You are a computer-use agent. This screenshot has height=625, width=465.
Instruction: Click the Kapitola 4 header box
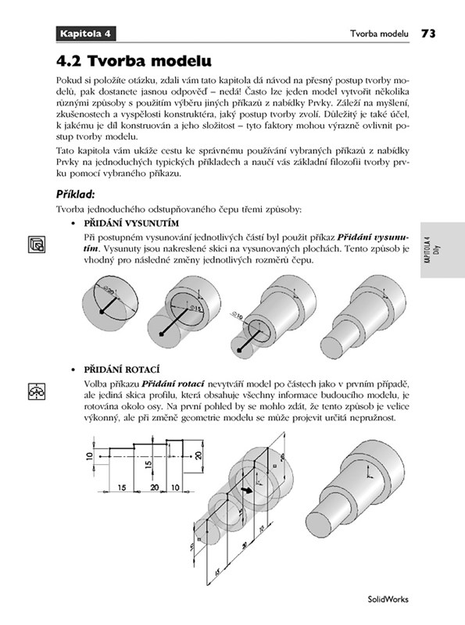coord(86,34)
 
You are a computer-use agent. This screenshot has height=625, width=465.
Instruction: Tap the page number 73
coord(428,34)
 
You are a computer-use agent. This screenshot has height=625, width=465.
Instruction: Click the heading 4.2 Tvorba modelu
coord(134,61)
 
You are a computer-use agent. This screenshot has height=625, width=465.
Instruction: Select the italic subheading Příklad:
coord(75,195)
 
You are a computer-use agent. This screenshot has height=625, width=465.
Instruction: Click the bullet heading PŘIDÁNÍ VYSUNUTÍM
coord(131,223)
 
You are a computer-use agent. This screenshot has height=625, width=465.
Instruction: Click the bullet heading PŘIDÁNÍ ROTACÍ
coord(122,370)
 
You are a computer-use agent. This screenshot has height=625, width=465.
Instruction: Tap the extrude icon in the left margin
coord(37,244)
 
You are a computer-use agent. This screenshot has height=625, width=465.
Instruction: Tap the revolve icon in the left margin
coord(37,391)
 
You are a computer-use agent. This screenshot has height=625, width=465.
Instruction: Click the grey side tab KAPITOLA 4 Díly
coord(442,250)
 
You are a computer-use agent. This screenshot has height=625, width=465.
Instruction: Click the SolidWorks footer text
coord(388,599)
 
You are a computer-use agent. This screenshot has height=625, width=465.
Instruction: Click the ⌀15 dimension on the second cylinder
coord(196,308)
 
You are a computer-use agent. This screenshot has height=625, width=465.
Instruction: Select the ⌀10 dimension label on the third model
coord(237,317)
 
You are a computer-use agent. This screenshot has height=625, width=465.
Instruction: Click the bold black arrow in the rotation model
coord(247,491)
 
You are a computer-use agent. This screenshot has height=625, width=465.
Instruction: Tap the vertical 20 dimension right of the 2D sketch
coord(199,455)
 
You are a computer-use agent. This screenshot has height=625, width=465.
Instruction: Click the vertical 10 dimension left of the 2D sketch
coord(89,455)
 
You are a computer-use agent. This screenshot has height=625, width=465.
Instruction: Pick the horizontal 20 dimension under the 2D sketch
coord(155,487)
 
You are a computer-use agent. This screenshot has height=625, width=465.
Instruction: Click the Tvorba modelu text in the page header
coord(379,34)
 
